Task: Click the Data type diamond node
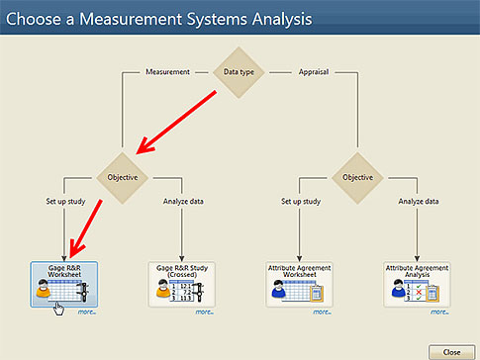pyautogui.click(x=240, y=71)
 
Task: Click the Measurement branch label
pyautogui.click(x=167, y=72)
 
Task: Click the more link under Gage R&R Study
pyautogui.click(x=205, y=312)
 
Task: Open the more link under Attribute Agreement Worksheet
pyautogui.click(x=322, y=312)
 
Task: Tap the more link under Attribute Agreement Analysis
pyautogui.click(x=438, y=312)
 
